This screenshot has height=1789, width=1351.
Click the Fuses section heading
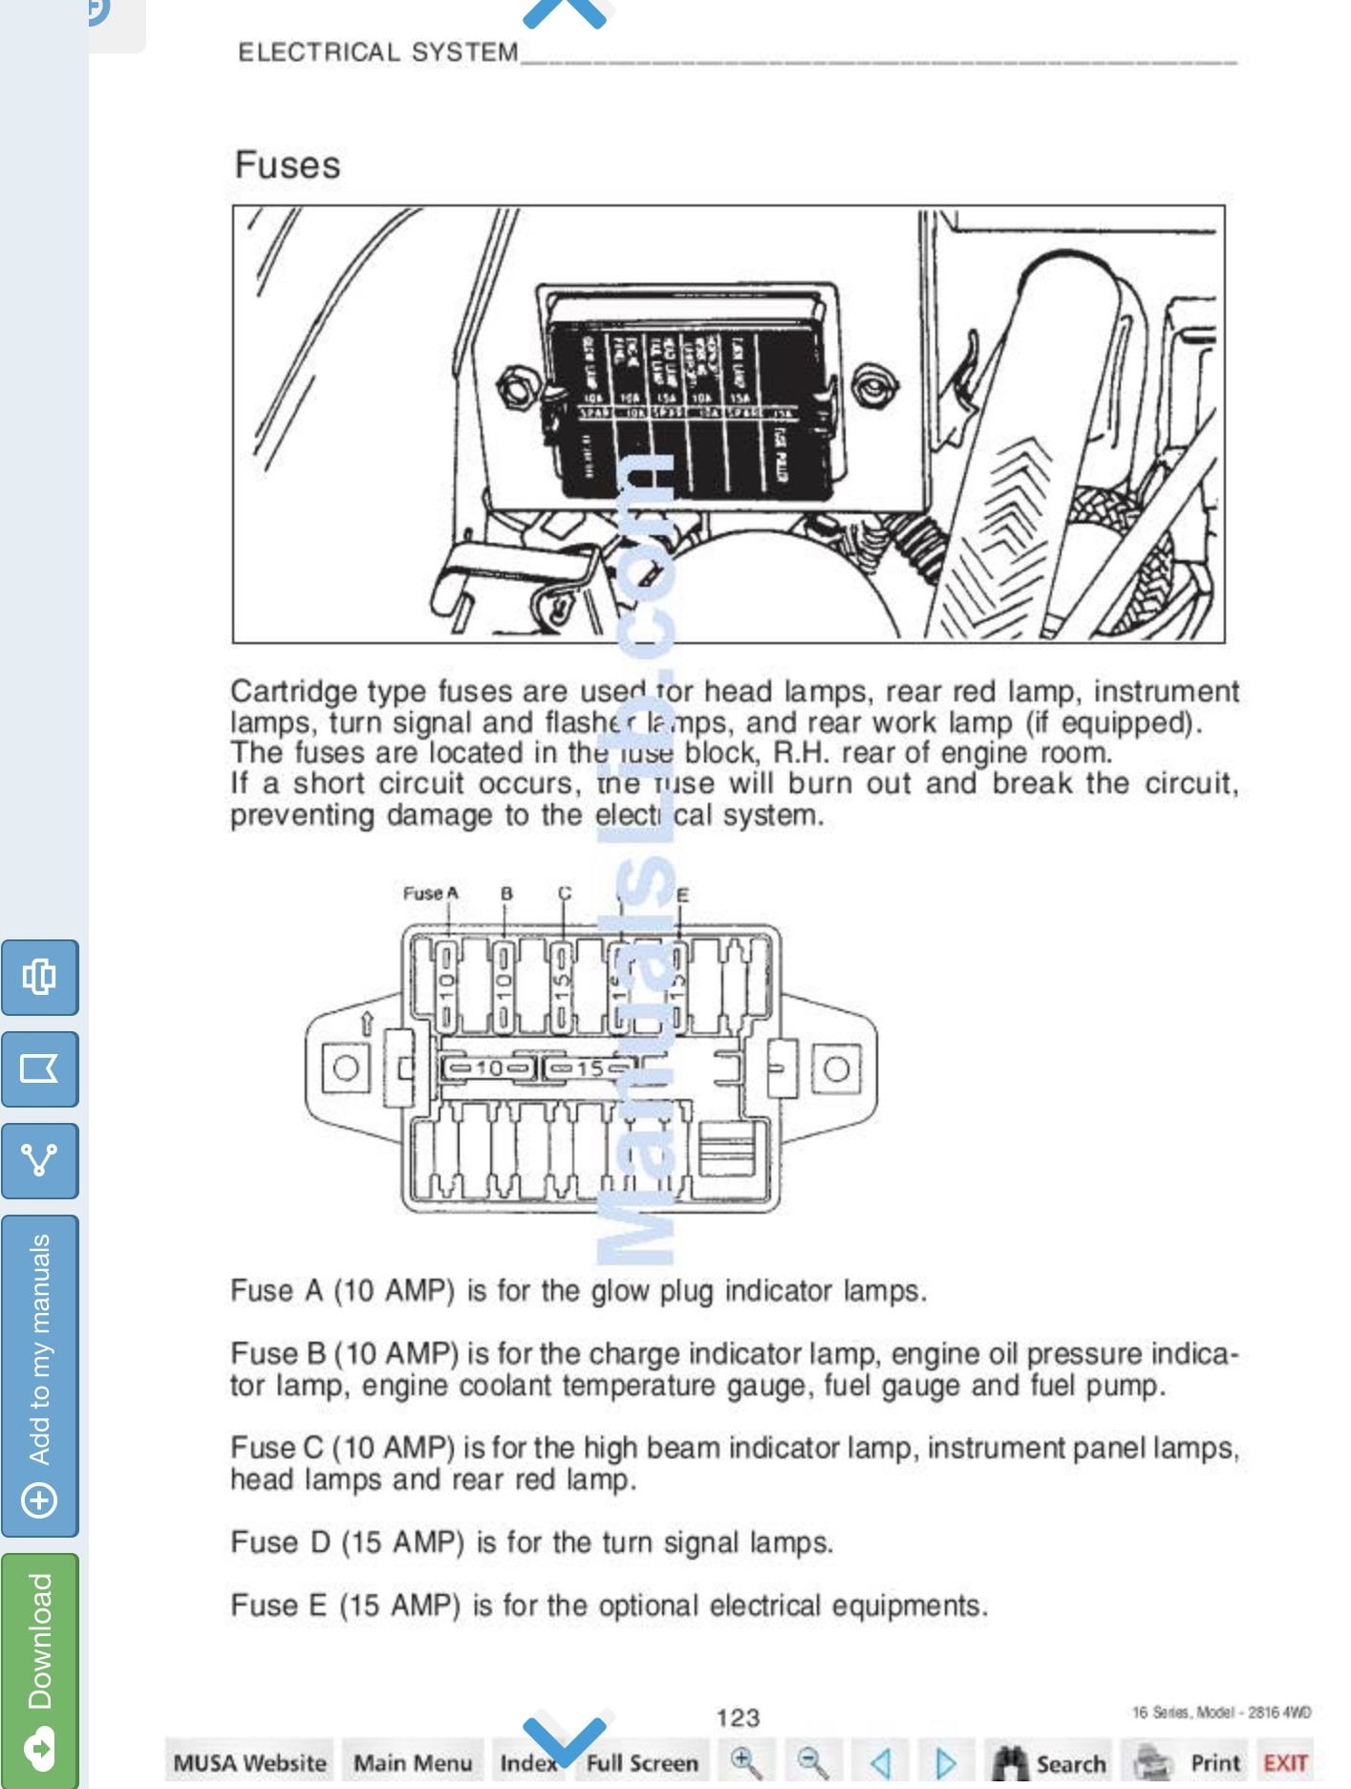coord(288,165)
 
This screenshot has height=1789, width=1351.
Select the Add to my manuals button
coord(40,1375)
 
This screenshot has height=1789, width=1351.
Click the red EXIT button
coord(1285,1762)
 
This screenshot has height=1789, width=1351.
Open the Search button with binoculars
coord(1049,1762)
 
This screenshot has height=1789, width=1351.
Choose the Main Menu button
coord(413,1762)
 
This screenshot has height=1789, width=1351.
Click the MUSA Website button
coord(249,1762)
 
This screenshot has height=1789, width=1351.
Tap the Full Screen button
coord(642,1762)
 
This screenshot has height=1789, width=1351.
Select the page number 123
coord(738,1717)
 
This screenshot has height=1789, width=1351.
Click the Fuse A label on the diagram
coord(431,894)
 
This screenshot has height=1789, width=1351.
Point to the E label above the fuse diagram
coord(682,895)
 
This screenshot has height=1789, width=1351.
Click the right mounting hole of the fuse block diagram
coord(836,1067)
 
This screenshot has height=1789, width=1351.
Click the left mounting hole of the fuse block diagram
coord(346,1067)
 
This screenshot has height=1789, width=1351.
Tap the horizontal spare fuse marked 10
coord(488,1067)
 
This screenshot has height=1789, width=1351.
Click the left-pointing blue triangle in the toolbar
coord(881,1762)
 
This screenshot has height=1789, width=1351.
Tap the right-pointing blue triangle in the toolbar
coord(945,1762)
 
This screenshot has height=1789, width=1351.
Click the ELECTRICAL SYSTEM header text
coord(377,53)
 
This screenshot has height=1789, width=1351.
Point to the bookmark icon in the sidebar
coord(40,1068)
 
